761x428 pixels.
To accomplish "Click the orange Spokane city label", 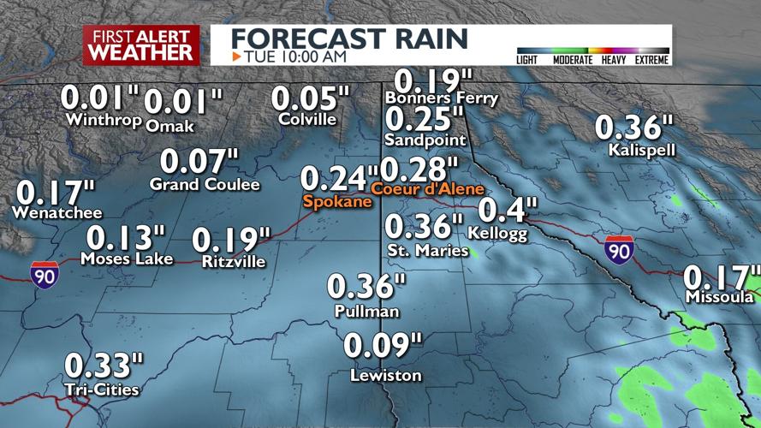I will [337, 202].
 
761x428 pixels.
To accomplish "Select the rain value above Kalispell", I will [629, 128].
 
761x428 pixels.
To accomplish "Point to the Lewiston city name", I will [386, 376].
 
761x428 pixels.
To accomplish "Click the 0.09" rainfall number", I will [383, 348].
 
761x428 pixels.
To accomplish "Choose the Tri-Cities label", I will [102, 389].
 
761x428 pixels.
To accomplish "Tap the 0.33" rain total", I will [103, 366].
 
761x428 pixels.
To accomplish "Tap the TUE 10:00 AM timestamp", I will [295, 56].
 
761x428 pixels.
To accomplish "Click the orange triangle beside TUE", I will [237, 56].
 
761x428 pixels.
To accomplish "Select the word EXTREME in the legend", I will [651, 60].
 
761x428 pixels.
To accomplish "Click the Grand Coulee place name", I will [205, 184].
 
